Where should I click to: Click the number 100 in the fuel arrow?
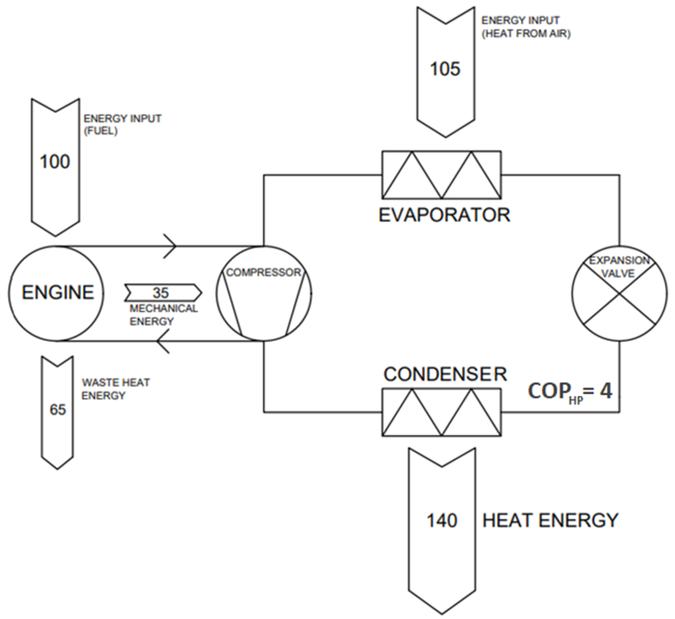point(55,162)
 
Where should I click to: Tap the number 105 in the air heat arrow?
point(445,69)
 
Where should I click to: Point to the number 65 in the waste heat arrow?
point(58,410)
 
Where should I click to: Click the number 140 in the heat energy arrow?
point(442,521)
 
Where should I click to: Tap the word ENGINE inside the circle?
point(58,292)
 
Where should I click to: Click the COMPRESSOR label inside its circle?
point(264,272)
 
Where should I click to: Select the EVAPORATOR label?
point(444,215)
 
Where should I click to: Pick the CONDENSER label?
point(445,374)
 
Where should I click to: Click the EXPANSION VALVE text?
point(619,267)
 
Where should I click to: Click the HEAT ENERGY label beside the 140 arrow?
point(550,521)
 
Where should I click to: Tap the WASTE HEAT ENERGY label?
point(116,389)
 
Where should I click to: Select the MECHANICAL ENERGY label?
point(163,315)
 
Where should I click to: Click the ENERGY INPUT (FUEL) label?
point(122,125)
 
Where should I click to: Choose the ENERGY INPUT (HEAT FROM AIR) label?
point(525,27)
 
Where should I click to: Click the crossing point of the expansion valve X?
point(619,294)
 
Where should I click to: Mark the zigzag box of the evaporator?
point(442,175)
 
